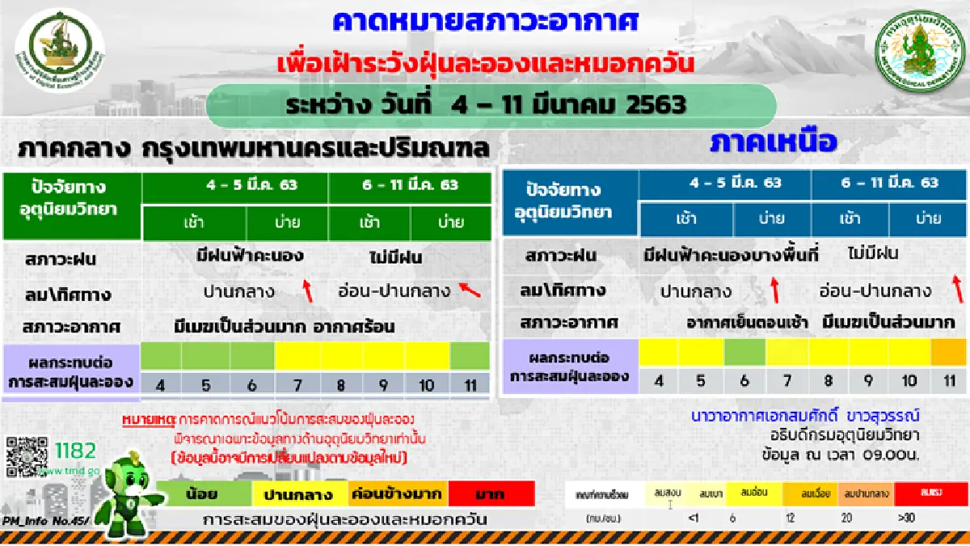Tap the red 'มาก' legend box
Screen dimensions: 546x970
tap(491, 493)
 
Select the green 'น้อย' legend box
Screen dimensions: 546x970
tap(204, 493)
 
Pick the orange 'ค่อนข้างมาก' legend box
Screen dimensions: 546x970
tap(396, 493)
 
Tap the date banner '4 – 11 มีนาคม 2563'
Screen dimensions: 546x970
tap(490, 105)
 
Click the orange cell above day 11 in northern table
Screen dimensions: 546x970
tap(947, 352)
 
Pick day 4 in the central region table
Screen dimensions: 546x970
tap(161, 385)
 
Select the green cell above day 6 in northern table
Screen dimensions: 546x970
tap(744, 352)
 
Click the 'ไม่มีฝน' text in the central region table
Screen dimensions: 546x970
tap(394, 258)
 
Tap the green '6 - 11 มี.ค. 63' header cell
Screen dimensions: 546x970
tap(410, 184)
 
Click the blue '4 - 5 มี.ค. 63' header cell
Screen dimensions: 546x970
tap(724, 183)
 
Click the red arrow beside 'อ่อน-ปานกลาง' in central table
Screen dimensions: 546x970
tap(469, 289)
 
